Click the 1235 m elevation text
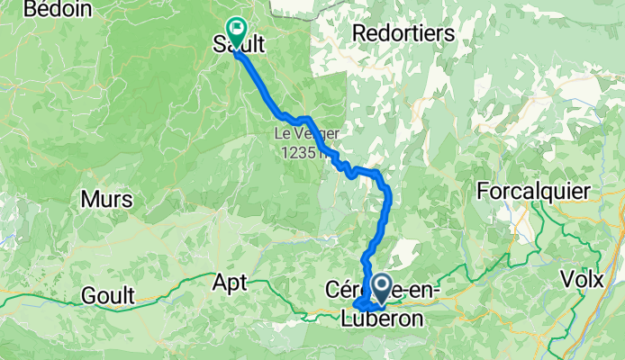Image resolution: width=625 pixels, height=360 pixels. [301, 153]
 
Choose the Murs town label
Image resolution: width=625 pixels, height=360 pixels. [107, 199]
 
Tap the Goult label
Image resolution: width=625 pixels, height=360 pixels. [107, 294]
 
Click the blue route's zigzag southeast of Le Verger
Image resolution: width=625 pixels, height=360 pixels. [343, 165]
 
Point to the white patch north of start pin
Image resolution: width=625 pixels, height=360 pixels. [403, 253]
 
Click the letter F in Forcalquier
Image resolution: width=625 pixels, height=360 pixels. [483, 192]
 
